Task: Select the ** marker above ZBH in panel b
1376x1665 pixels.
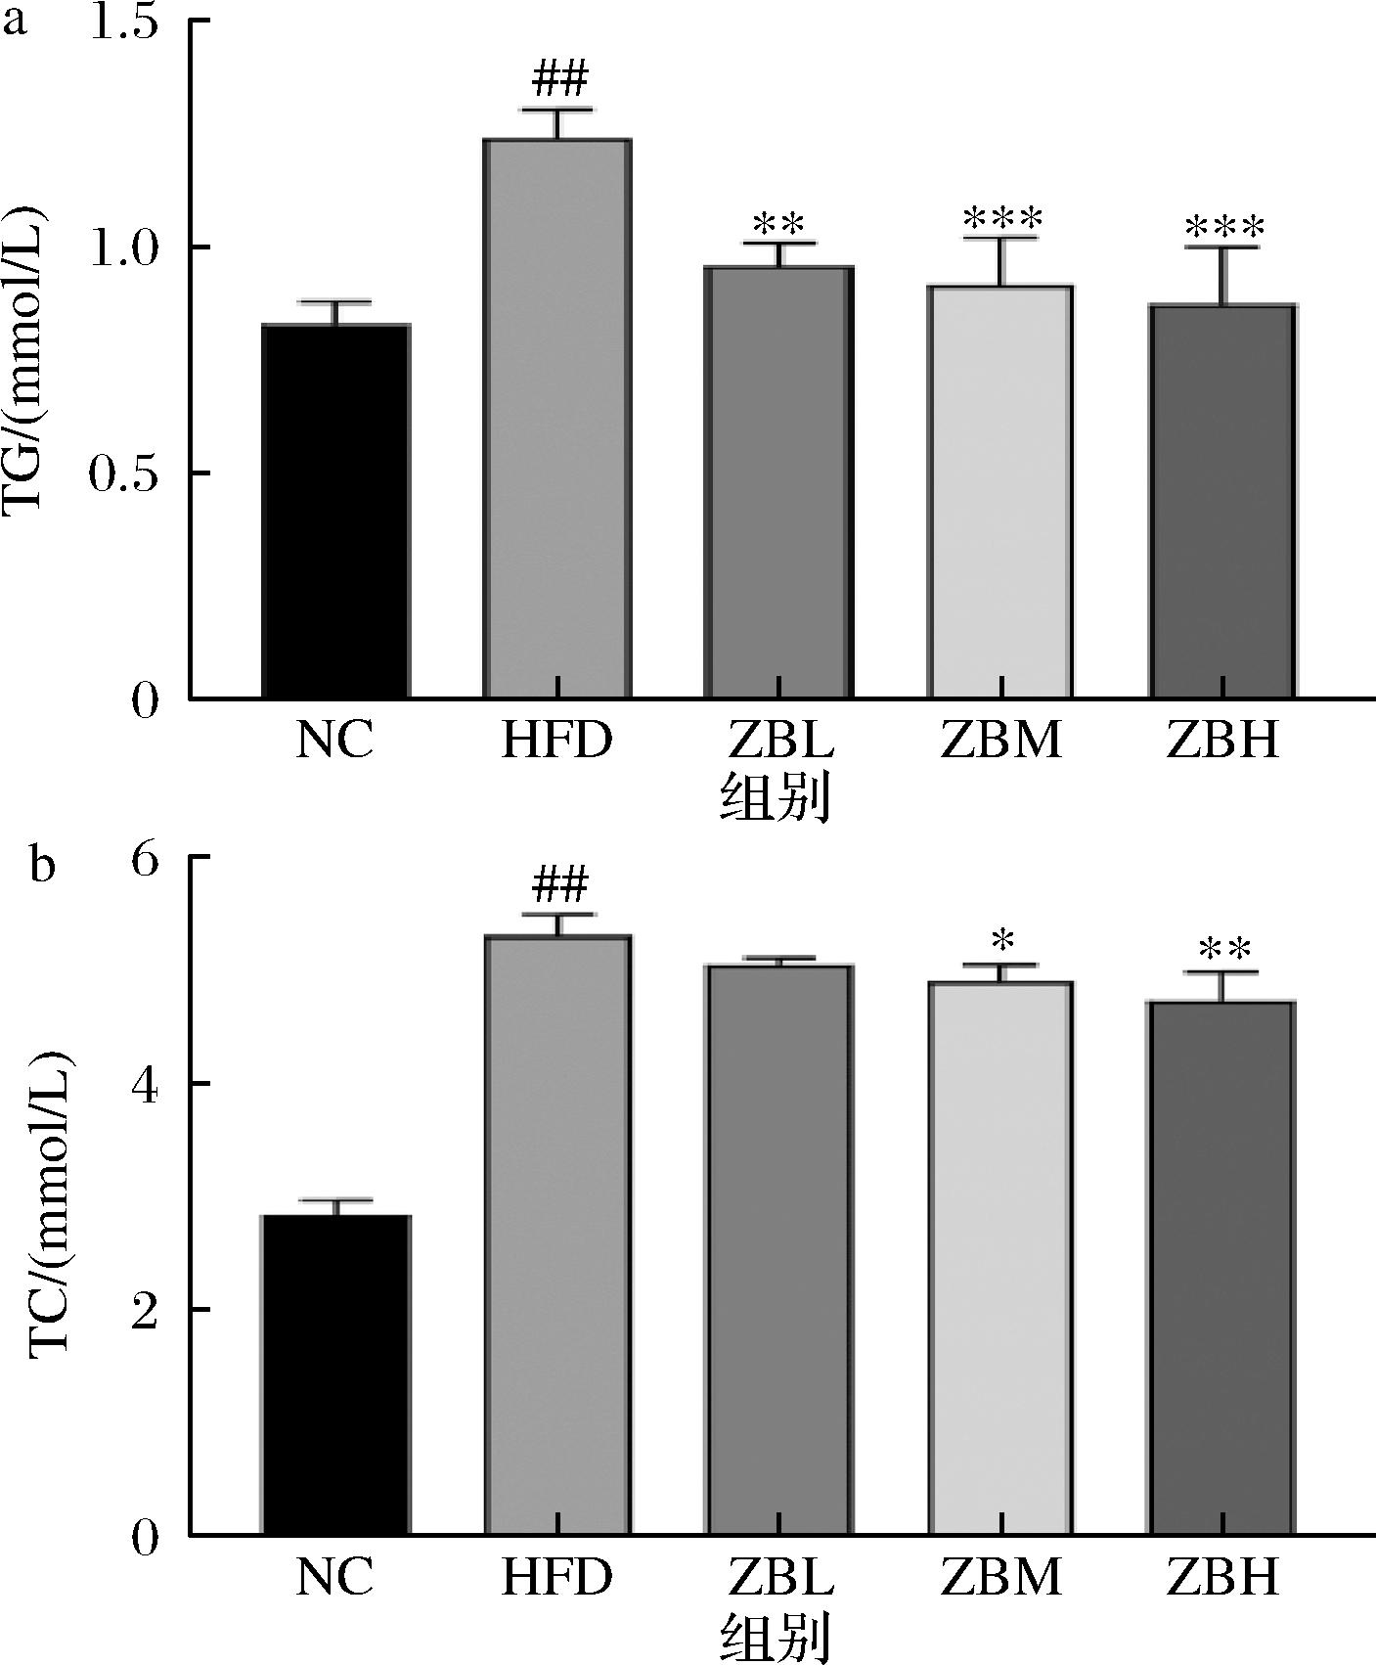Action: pos(1223,950)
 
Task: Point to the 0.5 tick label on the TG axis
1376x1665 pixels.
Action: pos(124,474)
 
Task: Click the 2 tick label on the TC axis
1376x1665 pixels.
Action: pos(145,1311)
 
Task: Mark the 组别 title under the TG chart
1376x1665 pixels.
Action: pos(776,798)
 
